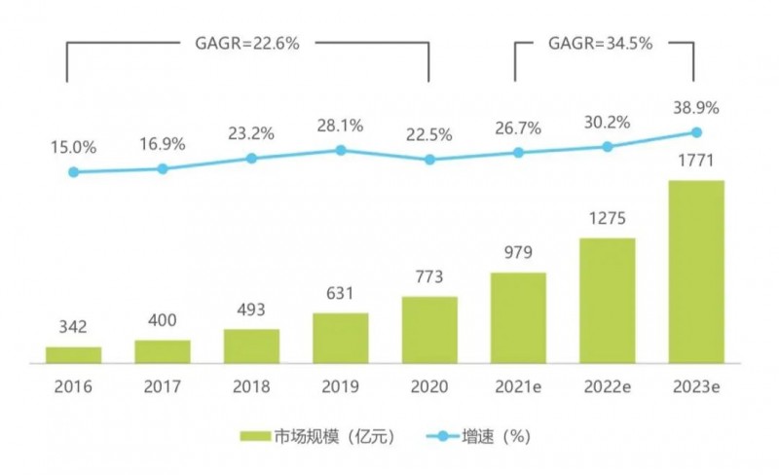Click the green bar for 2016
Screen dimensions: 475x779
(x=73, y=354)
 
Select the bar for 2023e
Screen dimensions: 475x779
(x=696, y=271)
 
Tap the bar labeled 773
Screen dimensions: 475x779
(x=429, y=329)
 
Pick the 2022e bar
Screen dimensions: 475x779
(x=607, y=300)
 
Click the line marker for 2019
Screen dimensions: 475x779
(x=341, y=150)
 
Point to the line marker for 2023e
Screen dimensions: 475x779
(x=696, y=132)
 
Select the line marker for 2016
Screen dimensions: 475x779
(x=73, y=172)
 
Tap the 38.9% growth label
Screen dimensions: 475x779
(x=696, y=109)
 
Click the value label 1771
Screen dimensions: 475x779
(x=696, y=162)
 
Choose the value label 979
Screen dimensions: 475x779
(x=518, y=254)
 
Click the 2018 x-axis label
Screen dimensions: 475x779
(x=251, y=386)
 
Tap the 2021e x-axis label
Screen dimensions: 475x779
(x=518, y=386)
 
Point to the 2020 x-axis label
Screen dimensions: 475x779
(x=429, y=386)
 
